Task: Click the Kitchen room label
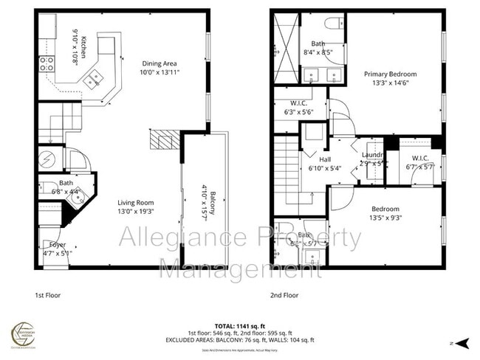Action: pos(83,45)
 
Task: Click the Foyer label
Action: pos(58,243)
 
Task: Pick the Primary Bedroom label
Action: pos(390,74)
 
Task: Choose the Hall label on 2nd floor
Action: pos(325,159)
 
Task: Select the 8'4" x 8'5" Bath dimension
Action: pos(318,52)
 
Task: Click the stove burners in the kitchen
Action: pos(46,63)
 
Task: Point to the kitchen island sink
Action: pos(94,80)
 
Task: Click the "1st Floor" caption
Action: pos(48,295)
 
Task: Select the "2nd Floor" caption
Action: pos(284,295)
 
